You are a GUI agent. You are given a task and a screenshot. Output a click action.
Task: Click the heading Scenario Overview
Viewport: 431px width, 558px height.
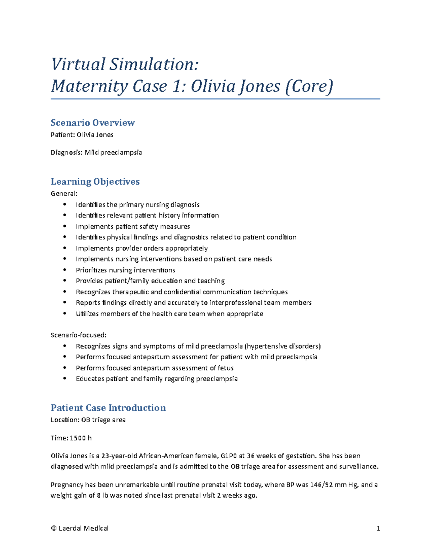point(93,123)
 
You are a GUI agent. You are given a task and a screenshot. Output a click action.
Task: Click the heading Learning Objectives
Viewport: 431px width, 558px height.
point(95,181)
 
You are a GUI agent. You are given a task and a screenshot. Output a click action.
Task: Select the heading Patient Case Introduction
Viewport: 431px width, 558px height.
point(108,407)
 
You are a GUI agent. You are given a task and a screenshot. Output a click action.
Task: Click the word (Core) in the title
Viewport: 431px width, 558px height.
point(309,86)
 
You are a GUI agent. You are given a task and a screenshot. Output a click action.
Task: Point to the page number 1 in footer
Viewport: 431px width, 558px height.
point(378,528)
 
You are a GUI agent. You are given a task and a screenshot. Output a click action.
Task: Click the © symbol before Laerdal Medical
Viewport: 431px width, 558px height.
point(54,528)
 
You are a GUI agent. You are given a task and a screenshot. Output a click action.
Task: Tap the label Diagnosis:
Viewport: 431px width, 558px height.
point(66,152)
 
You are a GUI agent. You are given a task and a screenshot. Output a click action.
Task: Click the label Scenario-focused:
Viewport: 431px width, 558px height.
point(79,335)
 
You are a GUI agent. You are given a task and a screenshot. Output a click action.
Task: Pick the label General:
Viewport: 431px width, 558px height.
point(64,194)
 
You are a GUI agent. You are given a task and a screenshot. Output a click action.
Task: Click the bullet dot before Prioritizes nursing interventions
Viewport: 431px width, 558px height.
point(65,270)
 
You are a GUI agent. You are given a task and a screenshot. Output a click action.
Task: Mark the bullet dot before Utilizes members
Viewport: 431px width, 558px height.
point(65,313)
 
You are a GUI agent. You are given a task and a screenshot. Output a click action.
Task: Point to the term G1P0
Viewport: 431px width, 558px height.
point(228,456)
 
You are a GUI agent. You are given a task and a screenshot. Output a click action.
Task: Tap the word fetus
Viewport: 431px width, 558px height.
point(225,368)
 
